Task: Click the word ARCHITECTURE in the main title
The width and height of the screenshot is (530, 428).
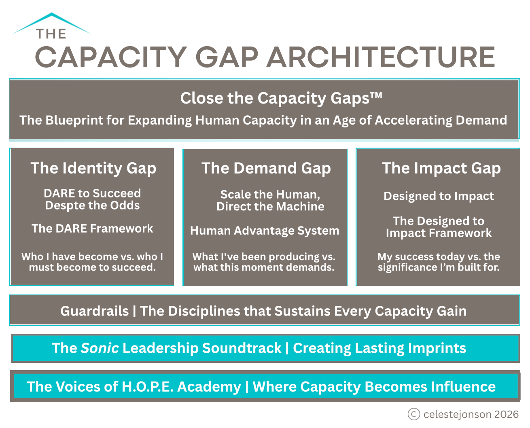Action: coord(381,57)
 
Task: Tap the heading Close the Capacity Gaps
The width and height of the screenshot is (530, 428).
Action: coord(281,98)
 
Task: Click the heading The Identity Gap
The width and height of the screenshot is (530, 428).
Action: coord(93,168)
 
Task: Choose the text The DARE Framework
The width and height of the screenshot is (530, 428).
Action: coord(92,229)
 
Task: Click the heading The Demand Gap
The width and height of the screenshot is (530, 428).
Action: coord(266,168)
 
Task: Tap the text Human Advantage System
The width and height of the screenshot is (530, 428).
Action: coord(265,231)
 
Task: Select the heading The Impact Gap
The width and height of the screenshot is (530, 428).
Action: coord(441,168)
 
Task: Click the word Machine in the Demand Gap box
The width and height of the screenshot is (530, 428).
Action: coord(300,207)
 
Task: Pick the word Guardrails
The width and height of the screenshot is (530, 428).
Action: coord(95,311)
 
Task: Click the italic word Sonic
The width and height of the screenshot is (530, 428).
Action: coord(100,348)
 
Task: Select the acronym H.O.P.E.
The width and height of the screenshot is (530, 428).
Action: coord(148,387)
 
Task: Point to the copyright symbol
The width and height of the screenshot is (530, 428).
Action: coord(414,414)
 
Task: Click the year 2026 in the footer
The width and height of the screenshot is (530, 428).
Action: coord(507,414)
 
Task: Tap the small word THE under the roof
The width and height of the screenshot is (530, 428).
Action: coord(51,34)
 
